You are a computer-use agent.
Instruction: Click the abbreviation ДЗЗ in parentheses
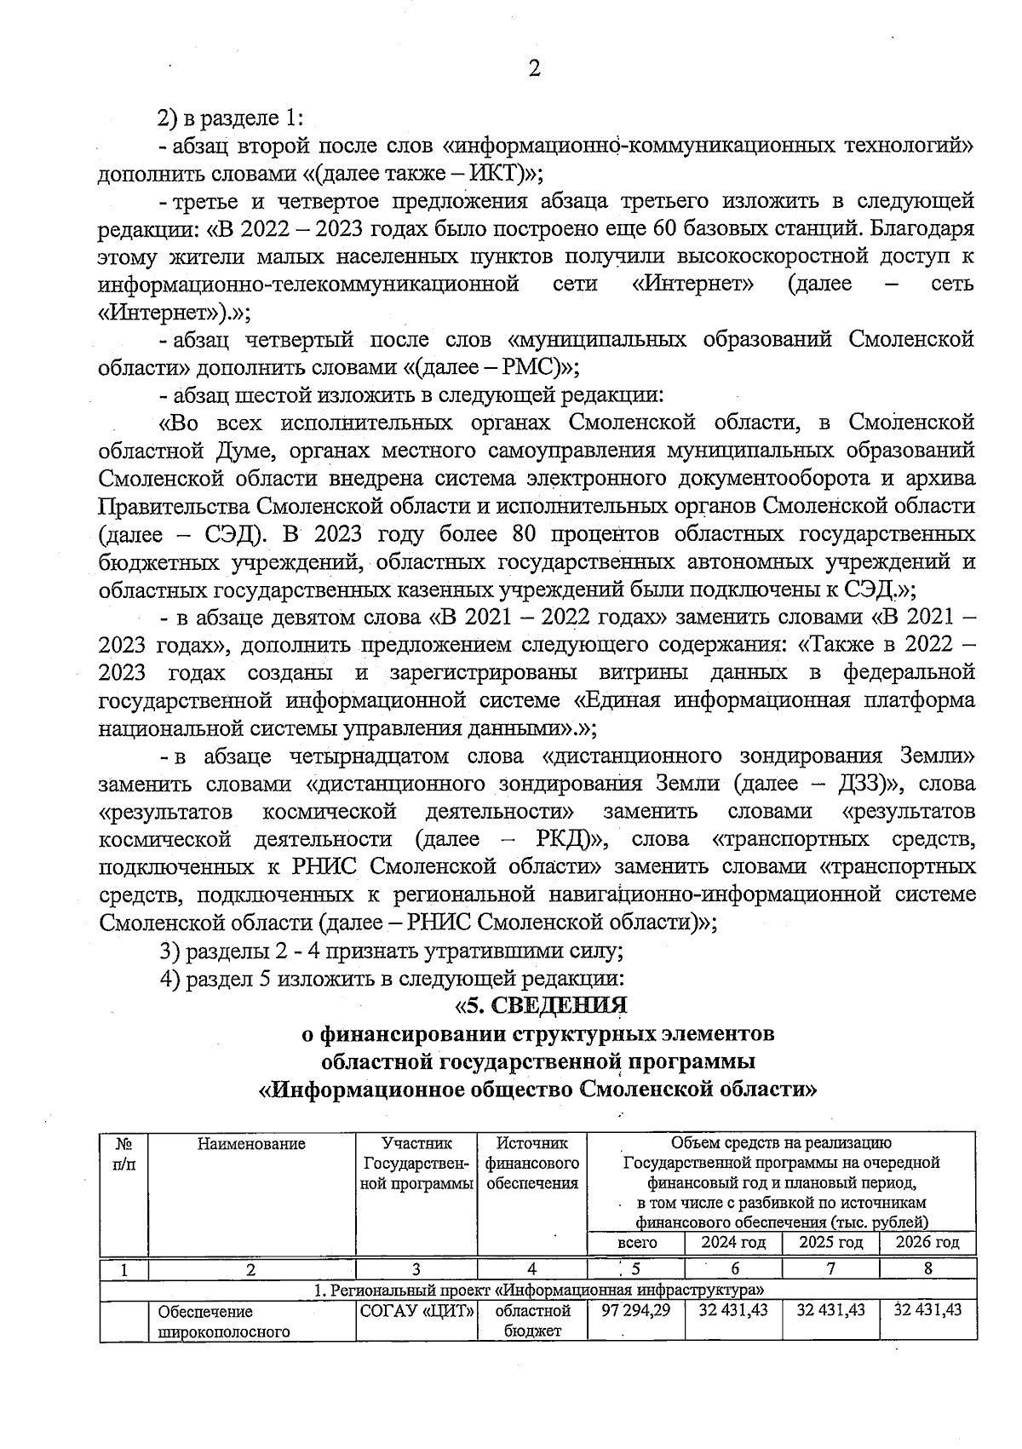[869, 784]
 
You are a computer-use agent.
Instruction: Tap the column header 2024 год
[733, 1243]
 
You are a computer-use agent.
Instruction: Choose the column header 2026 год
[927, 1243]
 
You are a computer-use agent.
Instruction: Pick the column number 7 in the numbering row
[830, 1268]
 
